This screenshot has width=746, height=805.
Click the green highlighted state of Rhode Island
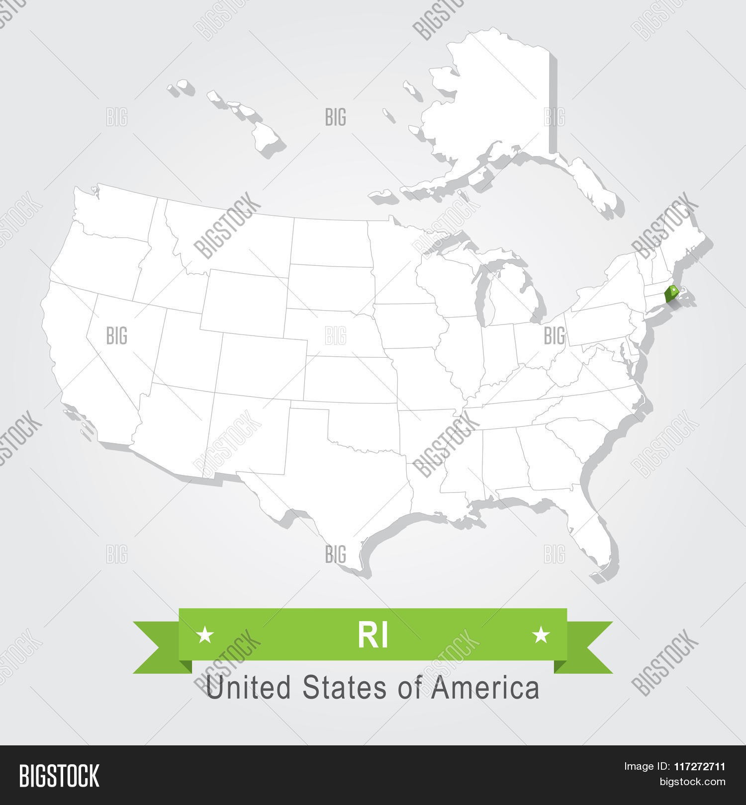(x=672, y=294)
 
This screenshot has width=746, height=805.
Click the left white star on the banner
(x=205, y=635)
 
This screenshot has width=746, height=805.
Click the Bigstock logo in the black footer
(x=59, y=776)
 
